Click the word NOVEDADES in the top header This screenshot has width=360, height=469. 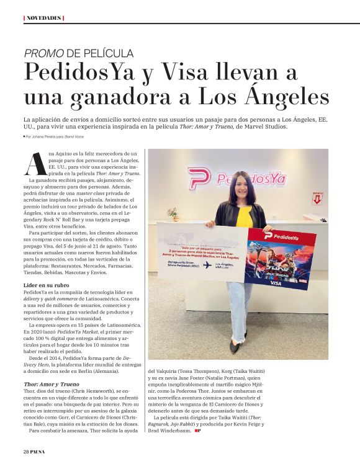coord(43,17)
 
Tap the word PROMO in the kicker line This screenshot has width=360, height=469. coord(43,53)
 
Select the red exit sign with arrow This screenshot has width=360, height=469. coord(317,199)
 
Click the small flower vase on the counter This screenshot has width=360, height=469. coord(173,213)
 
